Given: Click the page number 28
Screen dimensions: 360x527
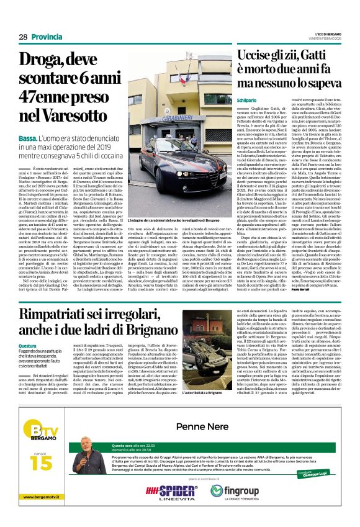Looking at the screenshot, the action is tap(23, 37).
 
